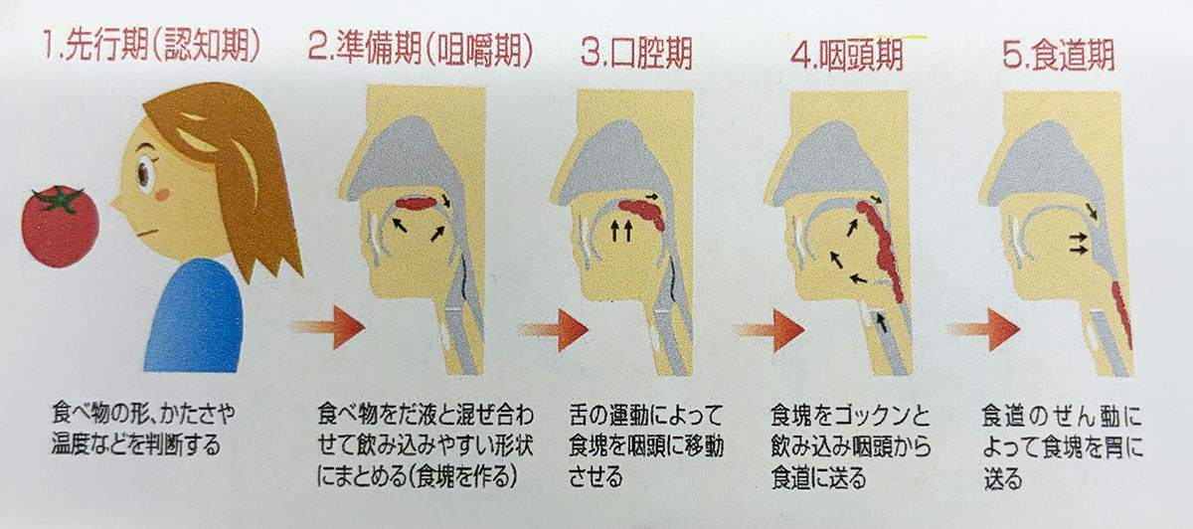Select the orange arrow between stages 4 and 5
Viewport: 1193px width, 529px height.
(x=979, y=328)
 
